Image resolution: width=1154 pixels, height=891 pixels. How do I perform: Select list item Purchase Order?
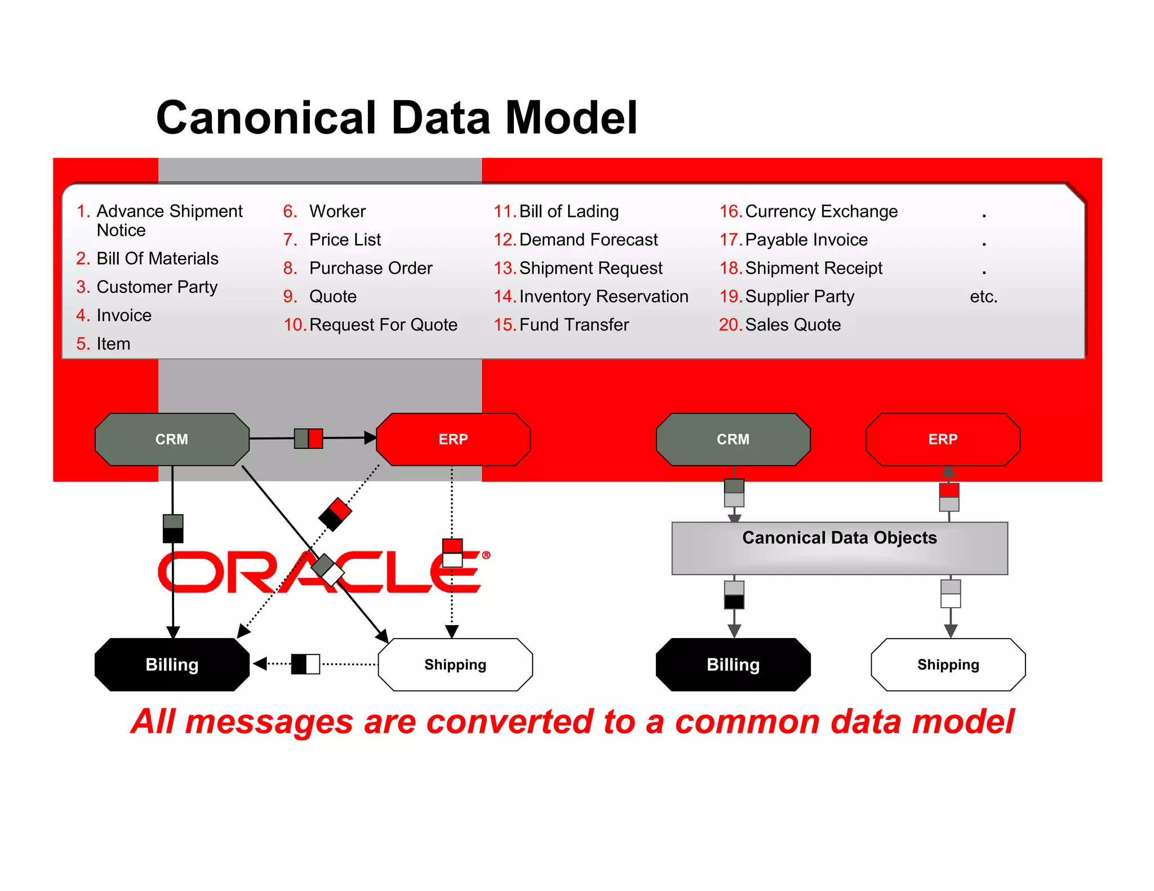coord(371,268)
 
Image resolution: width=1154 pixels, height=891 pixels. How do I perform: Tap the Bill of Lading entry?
coord(569,211)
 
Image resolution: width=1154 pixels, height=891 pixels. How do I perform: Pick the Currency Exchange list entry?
coord(821,211)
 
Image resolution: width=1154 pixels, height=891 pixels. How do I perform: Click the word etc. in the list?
coord(983,296)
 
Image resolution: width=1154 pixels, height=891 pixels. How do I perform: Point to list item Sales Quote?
coord(792,325)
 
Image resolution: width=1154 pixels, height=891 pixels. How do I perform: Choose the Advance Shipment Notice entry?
coord(169,220)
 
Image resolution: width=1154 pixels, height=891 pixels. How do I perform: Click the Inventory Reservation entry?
coord(603,296)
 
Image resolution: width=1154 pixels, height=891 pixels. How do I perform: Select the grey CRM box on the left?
coord(172,439)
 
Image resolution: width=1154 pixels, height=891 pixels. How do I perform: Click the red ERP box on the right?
coord(943,439)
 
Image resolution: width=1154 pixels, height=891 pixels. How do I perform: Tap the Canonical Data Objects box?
coord(839,547)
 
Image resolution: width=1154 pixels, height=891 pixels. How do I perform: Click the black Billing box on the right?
coord(733,665)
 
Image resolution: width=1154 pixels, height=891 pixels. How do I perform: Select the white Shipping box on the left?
coord(455,665)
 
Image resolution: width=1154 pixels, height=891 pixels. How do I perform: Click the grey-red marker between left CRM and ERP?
coord(309,438)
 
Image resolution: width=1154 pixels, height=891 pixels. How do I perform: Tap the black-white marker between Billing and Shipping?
coord(305,664)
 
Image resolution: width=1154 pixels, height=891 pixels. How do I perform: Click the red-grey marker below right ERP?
coord(949,497)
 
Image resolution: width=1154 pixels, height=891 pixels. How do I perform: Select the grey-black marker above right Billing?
coord(734,595)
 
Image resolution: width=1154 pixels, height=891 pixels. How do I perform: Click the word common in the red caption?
coord(747,721)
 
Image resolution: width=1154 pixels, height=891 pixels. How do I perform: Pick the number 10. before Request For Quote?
coord(294,325)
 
